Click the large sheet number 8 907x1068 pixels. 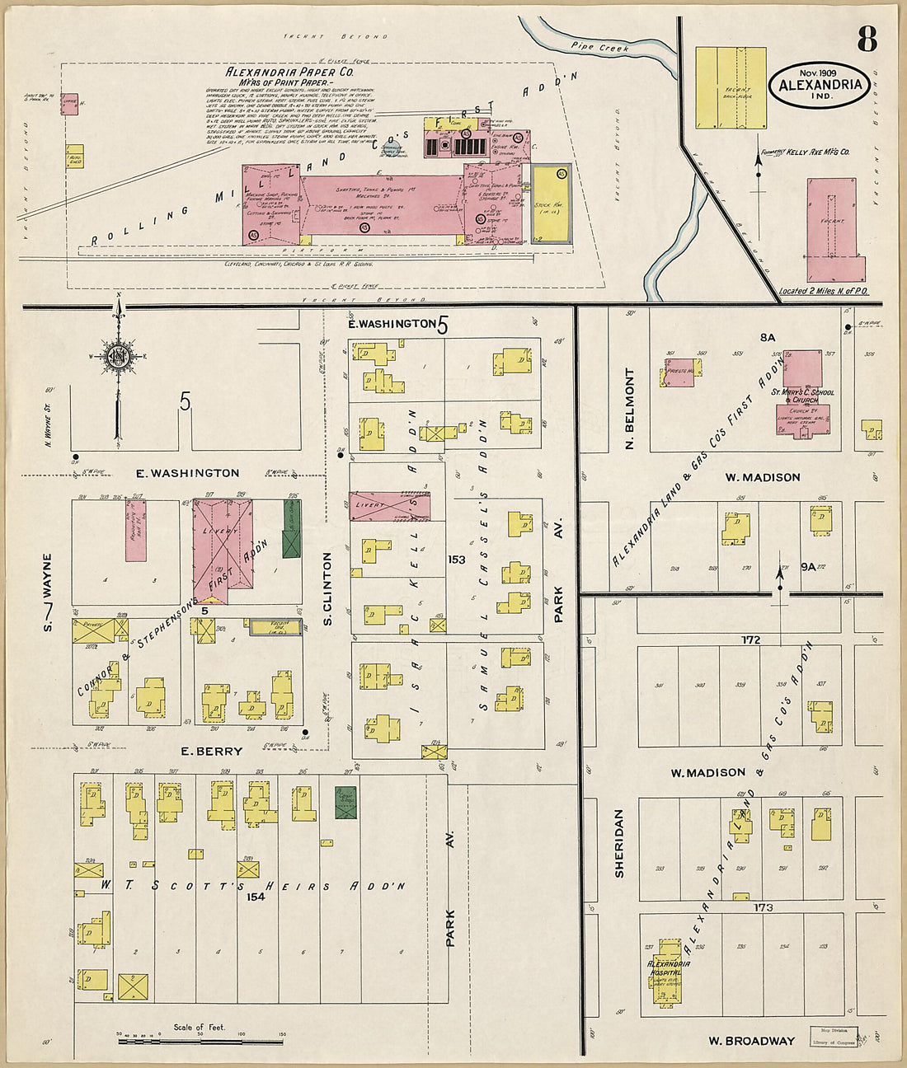click(x=867, y=38)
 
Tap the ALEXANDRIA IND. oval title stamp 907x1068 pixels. click(x=819, y=85)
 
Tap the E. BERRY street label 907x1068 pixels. click(x=213, y=751)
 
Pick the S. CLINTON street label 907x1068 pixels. click(x=328, y=588)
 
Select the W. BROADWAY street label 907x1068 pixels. click(x=751, y=1041)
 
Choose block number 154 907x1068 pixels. click(x=256, y=897)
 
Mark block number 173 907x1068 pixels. click(x=763, y=907)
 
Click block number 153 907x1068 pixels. click(x=457, y=560)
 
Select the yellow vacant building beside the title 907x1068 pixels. click(x=731, y=87)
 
